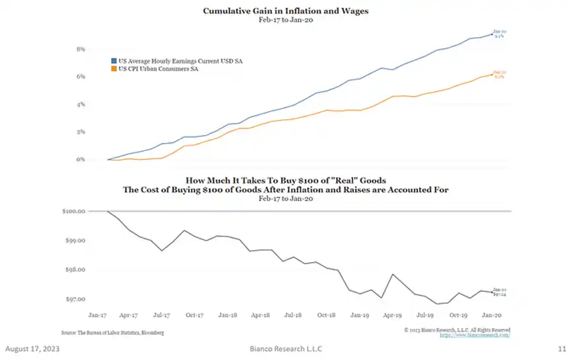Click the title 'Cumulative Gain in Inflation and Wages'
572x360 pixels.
[x=285, y=11]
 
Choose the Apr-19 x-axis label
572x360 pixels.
[x=393, y=316]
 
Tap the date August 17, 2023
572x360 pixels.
[x=32, y=349]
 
